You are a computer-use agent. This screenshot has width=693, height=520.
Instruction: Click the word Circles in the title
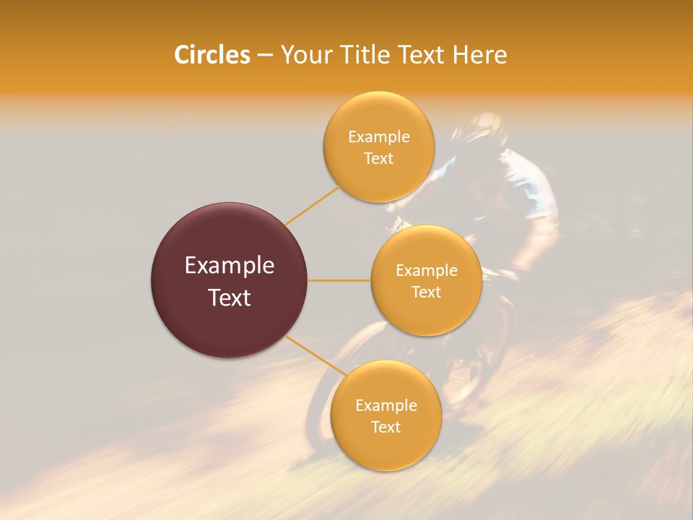(x=212, y=55)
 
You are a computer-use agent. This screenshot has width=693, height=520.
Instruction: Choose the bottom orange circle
(x=385, y=448)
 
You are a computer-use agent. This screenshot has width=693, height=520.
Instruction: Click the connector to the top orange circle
(x=312, y=204)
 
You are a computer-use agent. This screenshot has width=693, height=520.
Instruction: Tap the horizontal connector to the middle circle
(x=339, y=280)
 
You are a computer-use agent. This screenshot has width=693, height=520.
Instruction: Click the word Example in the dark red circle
(x=230, y=266)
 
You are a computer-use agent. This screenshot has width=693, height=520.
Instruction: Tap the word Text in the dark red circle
(x=230, y=298)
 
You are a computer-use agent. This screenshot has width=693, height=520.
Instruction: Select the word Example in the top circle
(x=379, y=136)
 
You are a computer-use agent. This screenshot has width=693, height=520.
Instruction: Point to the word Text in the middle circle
(x=426, y=292)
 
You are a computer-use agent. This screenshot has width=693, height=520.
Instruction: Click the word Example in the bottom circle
(x=385, y=405)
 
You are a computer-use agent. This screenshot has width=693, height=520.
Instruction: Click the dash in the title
(x=265, y=56)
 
